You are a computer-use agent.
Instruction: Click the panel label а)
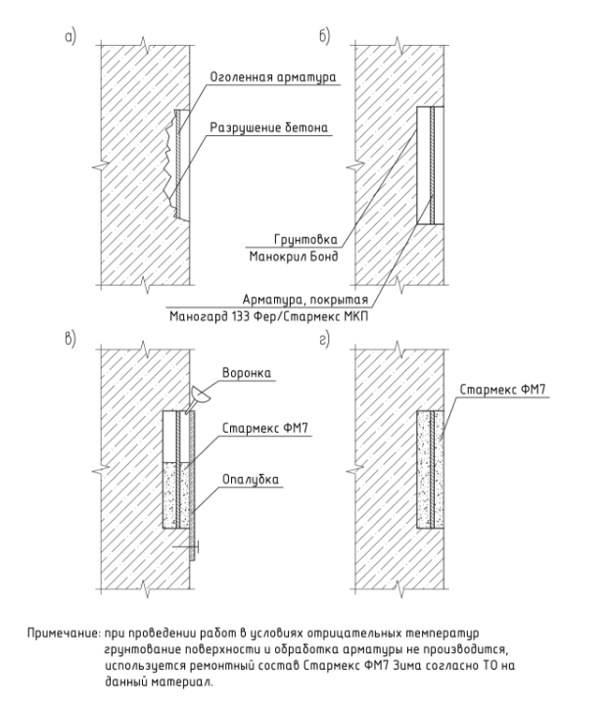pyautogui.click(x=70, y=36)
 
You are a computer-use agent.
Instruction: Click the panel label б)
pyautogui.click(x=324, y=36)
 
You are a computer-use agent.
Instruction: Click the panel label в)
pyautogui.click(x=70, y=340)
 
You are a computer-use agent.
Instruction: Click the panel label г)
pyautogui.click(x=324, y=340)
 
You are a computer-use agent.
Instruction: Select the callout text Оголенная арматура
pyautogui.click(x=273, y=76)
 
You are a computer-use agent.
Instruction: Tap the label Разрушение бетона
pyautogui.click(x=269, y=127)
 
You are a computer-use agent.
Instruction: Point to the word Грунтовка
pyautogui.click(x=305, y=239)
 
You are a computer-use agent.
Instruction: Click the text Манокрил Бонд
pyautogui.click(x=294, y=257)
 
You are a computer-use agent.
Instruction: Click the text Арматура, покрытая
pyautogui.click(x=305, y=300)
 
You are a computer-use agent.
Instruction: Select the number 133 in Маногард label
pyautogui.click(x=241, y=316)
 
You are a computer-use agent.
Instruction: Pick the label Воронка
pyautogui.click(x=247, y=373)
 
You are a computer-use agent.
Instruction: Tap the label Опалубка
pyautogui.click(x=251, y=480)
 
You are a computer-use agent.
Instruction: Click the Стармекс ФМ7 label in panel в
pyautogui.click(x=265, y=428)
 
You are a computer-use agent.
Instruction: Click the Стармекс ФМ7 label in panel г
pyautogui.click(x=502, y=390)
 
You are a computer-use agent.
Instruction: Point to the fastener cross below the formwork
pyautogui.click(x=191, y=547)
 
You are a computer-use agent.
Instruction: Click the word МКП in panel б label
pyautogui.click(x=355, y=316)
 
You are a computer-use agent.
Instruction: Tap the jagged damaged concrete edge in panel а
pyautogui.click(x=169, y=164)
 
